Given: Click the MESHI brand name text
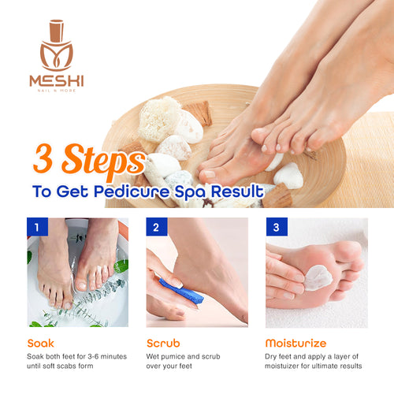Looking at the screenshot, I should tap(56, 80).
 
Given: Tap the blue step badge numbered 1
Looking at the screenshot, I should tap(35, 228).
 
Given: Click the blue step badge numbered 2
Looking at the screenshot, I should tap(155, 228).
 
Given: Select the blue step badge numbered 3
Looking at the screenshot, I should tap(275, 228).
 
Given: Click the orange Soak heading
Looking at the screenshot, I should tap(40, 344).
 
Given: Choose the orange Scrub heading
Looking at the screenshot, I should tap(164, 344).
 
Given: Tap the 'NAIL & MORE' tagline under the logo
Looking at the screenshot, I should tap(56, 91).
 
